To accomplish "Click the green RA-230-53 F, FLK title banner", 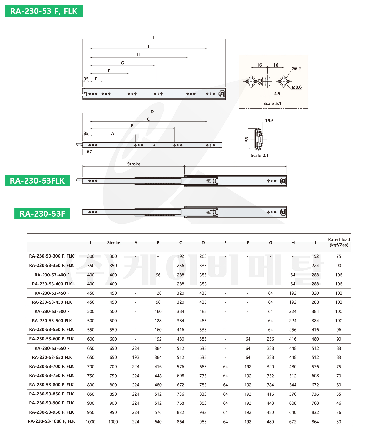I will click(x=44, y=11).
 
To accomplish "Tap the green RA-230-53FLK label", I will click(x=37, y=180).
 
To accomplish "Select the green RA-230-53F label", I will click(x=42, y=213).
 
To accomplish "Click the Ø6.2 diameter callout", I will click(x=296, y=69).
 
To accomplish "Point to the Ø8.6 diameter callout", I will click(x=297, y=87).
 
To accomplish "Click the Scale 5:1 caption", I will click(x=272, y=103).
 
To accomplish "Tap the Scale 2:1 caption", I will click(x=259, y=155).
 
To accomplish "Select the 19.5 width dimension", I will click(x=269, y=121).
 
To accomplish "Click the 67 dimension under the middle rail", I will click(x=89, y=152).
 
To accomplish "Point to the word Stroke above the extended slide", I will click(x=134, y=164).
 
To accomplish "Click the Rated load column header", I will click(x=339, y=242).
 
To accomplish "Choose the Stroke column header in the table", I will click(x=113, y=243).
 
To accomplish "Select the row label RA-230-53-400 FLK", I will click(x=52, y=284).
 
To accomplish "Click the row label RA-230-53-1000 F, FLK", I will click(x=51, y=421).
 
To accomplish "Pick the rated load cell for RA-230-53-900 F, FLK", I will click(x=339, y=403).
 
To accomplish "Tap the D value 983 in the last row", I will click(x=203, y=422).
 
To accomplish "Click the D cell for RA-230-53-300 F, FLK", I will click(x=203, y=256).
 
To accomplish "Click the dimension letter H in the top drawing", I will click(x=139, y=55).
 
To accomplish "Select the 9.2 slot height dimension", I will click(x=260, y=81).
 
